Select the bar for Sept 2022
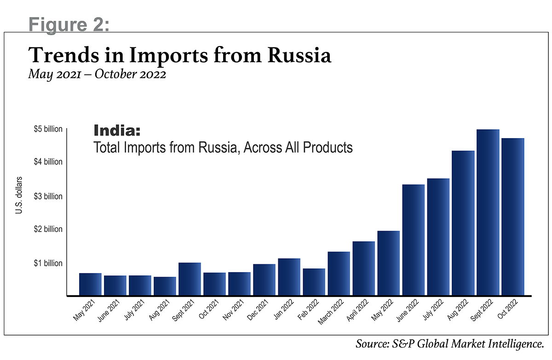click(x=488, y=212)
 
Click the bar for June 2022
click(x=414, y=240)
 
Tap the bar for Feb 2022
click(x=314, y=282)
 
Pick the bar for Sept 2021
click(x=190, y=279)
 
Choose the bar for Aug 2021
click(x=165, y=286)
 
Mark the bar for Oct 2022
click(x=513, y=217)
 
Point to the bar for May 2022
click(x=389, y=263)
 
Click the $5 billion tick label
click(x=48, y=129)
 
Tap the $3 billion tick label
click(x=48, y=196)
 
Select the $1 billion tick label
click(x=48, y=263)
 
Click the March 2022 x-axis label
click(x=331, y=312)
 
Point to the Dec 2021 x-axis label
click(x=258, y=310)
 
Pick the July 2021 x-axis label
click(x=134, y=310)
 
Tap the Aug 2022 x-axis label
click(x=458, y=310)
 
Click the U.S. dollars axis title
click(x=19, y=195)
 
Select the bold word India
click(x=117, y=130)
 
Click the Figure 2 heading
click(x=69, y=24)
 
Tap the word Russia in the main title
click(x=299, y=55)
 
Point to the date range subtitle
click(x=97, y=75)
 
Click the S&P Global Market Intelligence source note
click(x=450, y=344)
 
